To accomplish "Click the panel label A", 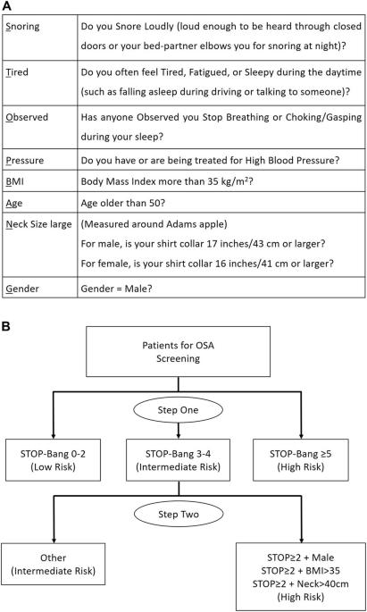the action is [x=7, y=5].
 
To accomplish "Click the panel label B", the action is [x=6, y=326].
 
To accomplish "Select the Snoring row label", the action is [x=22, y=27].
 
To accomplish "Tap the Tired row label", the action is [x=17, y=72].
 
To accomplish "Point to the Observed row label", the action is [x=27, y=117].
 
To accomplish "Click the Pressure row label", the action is [x=25, y=161].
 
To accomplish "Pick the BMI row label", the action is [x=14, y=181].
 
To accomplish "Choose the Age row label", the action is [x=14, y=204].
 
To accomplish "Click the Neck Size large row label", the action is [x=38, y=224].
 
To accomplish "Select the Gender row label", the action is [x=22, y=289].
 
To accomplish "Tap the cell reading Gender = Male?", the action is [x=116, y=289].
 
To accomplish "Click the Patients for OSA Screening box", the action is [x=179, y=352].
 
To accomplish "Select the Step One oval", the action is [x=179, y=410].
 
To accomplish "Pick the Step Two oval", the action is [x=179, y=514].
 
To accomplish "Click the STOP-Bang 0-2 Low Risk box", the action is [x=53, y=460].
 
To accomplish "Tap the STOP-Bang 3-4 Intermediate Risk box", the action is [x=179, y=460].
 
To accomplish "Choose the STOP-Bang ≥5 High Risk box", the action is [x=301, y=460].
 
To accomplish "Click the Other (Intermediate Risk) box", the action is [x=53, y=564].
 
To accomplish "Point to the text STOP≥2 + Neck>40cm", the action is [x=301, y=584].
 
